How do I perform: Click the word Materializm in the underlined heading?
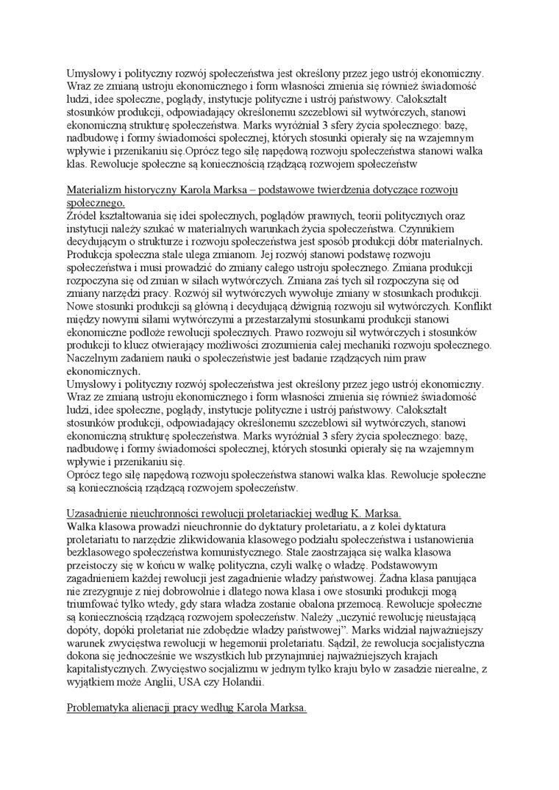click(93, 190)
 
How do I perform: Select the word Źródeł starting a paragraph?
click(82, 215)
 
